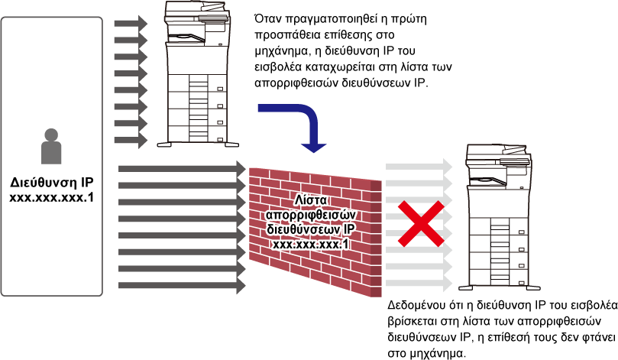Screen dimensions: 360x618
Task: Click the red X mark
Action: click(x=420, y=224)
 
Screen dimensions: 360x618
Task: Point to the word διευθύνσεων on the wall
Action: click(x=300, y=229)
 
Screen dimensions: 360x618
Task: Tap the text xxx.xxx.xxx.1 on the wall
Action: click(x=311, y=243)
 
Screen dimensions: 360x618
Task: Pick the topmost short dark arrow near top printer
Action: click(x=131, y=24)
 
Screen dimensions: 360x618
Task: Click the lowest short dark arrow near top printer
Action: click(x=131, y=140)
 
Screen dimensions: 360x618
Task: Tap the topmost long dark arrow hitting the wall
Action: click(x=182, y=168)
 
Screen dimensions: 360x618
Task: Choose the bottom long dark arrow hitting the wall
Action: click(x=182, y=286)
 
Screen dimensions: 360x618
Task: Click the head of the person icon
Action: click(x=51, y=135)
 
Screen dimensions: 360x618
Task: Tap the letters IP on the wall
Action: click(x=349, y=229)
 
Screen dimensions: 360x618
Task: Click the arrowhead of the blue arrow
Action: click(x=313, y=146)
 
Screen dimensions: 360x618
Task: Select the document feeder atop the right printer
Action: click(x=499, y=152)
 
